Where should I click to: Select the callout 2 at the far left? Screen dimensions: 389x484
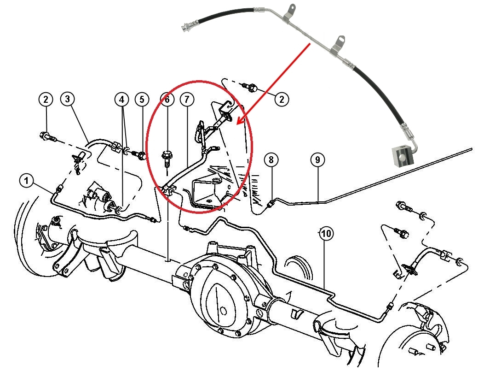coord(46,99)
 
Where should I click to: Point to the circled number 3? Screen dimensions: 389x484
coord(68,99)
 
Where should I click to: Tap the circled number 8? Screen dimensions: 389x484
coord(271,160)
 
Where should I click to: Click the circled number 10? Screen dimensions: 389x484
coord(326,234)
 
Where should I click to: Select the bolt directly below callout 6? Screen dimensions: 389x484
coord(167,159)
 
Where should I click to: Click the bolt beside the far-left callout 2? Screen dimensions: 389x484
coord(46,136)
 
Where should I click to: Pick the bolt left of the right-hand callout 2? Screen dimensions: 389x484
coord(253,87)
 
